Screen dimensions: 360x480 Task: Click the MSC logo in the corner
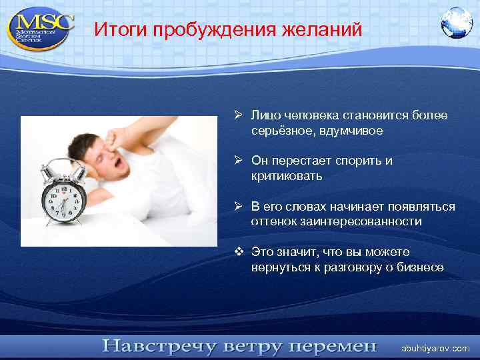tap(39, 28)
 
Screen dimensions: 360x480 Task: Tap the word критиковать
tap(287, 176)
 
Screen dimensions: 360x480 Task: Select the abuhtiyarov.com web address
tap(435, 349)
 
